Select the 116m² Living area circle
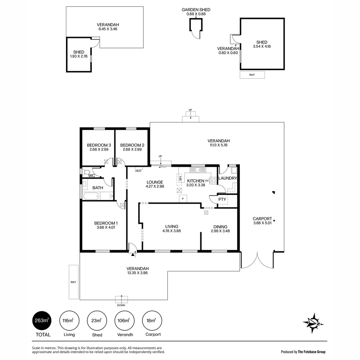pos(69,321)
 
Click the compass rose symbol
pos(313,323)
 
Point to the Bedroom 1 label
pos(106,225)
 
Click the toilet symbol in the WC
pos(87,172)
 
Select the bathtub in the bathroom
pos(91,196)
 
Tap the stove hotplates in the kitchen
pos(213,180)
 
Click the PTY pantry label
pos(222,199)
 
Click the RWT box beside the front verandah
pos(74,282)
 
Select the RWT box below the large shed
pos(252,75)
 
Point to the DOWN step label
pos(121,305)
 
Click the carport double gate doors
pos(257,261)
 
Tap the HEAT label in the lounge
pos(138,171)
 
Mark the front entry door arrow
pos(133,255)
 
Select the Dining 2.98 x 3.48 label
pos(220,229)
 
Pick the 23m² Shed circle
pos(97,321)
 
